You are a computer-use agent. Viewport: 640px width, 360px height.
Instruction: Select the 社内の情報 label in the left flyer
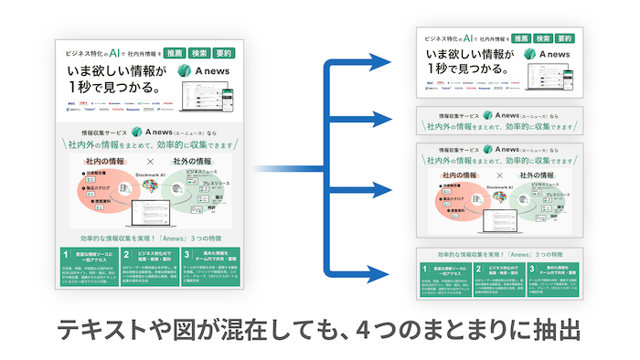click(x=108, y=161)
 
